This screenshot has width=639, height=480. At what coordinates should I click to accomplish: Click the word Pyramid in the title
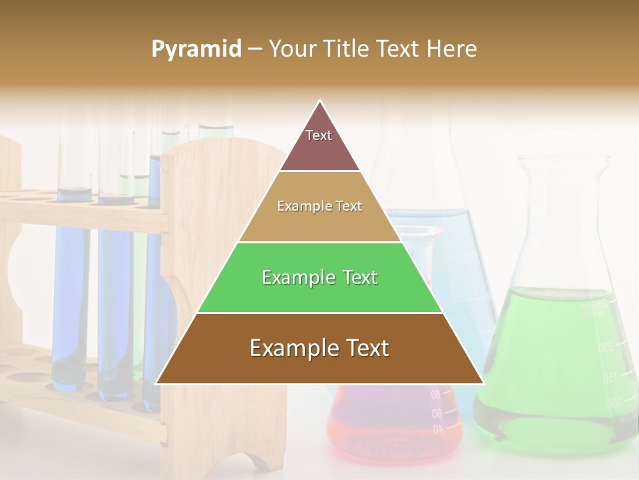pyautogui.click(x=196, y=49)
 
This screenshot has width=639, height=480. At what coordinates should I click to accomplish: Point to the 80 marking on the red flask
pyautogui.click(x=435, y=395)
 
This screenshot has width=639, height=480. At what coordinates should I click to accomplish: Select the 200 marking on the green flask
pyautogui.click(x=605, y=347)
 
